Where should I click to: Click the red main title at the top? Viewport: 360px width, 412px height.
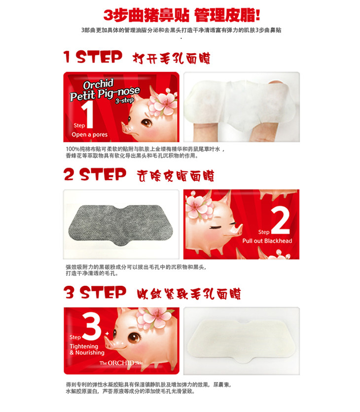tap(181, 15)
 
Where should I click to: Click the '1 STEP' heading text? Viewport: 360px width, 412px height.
tap(93, 57)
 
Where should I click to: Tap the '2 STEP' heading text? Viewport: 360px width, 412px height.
tap(95, 174)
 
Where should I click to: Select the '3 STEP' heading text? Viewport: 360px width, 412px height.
tap(95, 292)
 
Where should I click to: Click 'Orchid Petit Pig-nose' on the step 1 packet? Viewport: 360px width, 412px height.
tap(105, 90)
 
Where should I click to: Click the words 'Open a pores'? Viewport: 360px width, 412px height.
tap(90, 135)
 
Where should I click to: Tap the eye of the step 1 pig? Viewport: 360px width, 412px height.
tap(146, 123)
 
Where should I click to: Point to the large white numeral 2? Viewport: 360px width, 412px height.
tap(280, 220)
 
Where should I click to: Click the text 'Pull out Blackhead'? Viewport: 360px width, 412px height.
tap(267, 241)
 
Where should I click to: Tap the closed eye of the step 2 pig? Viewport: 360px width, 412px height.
tap(216, 227)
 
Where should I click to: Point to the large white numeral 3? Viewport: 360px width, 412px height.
tap(92, 327)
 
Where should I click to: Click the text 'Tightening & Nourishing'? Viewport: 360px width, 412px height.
tap(87, 349)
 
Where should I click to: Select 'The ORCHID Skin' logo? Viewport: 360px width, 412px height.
tap(121, 363)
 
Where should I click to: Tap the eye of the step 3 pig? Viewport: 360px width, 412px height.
tap(134, 338)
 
